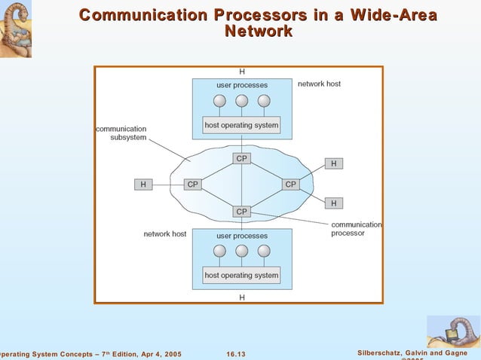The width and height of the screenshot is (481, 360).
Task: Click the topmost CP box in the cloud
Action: coord(241,158)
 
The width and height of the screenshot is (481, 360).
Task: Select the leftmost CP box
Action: coord(193,184)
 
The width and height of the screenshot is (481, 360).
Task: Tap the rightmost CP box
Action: coord(290,184)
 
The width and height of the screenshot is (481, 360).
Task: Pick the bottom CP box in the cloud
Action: coord(241,212)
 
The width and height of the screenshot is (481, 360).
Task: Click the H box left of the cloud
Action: coord(143,184)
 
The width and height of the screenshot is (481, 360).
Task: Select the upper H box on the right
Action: coord(334,163)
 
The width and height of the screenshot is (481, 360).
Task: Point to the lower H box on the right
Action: coord(334,203)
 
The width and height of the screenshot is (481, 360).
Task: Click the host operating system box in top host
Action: coord(241,124)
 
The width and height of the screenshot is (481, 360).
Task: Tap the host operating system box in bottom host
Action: coord(241,275)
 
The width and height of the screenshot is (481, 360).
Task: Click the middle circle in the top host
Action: coord(241,101)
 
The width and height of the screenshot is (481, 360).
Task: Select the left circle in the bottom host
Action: coord(220,252)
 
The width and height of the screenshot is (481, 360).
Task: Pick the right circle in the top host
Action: coord(263,101)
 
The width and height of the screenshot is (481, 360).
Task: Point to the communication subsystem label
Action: coord(121,133)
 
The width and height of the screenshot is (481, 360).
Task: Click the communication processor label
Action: coord(356,229)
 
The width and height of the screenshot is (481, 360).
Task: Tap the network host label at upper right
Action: coord(319,84)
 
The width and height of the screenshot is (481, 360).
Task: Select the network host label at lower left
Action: coord(164,234)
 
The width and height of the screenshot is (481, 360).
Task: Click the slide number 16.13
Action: coord(236,354)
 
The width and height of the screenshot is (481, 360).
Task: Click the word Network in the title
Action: coord(259,31)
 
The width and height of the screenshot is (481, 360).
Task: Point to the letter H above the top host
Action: coord(241,72)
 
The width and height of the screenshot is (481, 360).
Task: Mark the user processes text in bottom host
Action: coord(241,236)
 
